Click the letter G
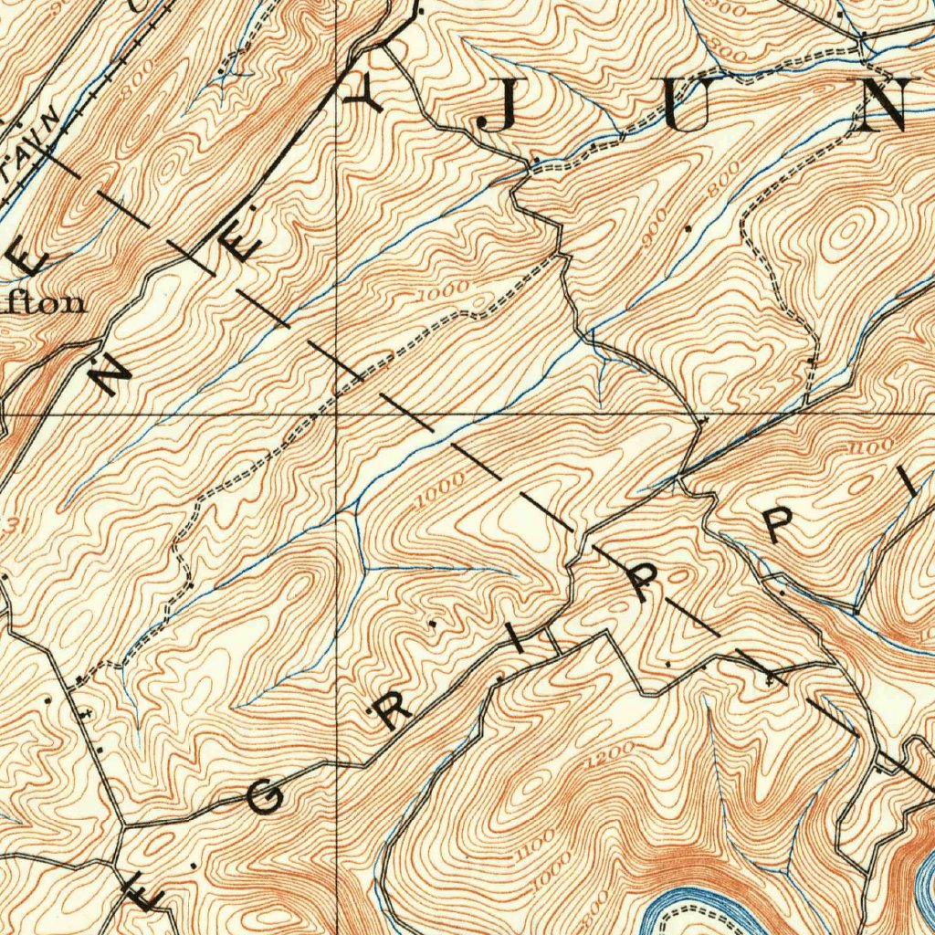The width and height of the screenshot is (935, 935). [264, 801]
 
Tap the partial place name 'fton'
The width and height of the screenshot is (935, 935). [46, 303]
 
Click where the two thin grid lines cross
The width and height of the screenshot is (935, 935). [337, 414]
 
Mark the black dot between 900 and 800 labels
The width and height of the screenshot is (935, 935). [686, 223]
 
